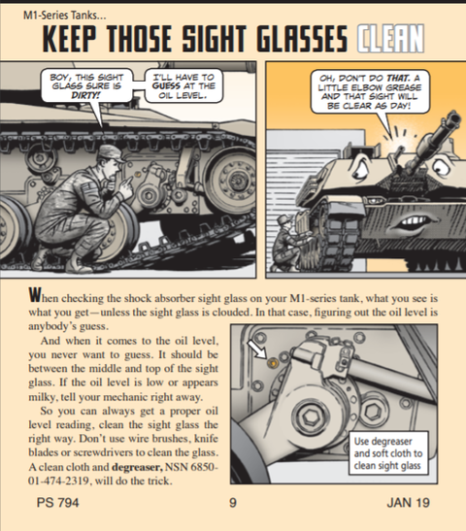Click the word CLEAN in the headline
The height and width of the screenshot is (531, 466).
coord(390,38)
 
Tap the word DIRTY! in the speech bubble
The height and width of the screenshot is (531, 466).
coord(86,95)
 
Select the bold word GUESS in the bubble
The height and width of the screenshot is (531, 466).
coord(166,85)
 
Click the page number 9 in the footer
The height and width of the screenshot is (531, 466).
coord(233,503)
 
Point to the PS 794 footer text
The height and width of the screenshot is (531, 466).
coord(58,503)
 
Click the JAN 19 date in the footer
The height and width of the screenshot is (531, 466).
coord(408,503)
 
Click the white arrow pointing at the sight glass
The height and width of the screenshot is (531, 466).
coord(257,348)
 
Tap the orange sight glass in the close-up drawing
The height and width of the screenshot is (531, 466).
coord(273,363)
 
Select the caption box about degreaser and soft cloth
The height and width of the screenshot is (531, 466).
coord(388,453)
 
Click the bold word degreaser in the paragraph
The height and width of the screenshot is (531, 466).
coord(138,467)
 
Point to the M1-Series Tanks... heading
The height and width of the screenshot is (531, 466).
coord(65,16)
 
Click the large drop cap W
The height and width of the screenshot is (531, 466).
coord(34,295)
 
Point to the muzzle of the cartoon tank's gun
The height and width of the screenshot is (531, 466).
coord(453,119)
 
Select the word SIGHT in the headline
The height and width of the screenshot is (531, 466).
coord(215,38)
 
